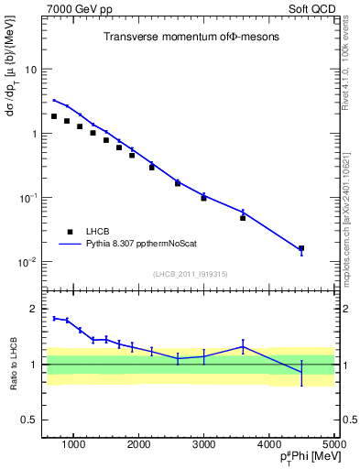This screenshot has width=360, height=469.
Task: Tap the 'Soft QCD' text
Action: [311, 8]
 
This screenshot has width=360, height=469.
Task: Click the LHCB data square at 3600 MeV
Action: [243, 218]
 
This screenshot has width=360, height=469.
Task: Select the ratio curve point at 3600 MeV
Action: [243, 346]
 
